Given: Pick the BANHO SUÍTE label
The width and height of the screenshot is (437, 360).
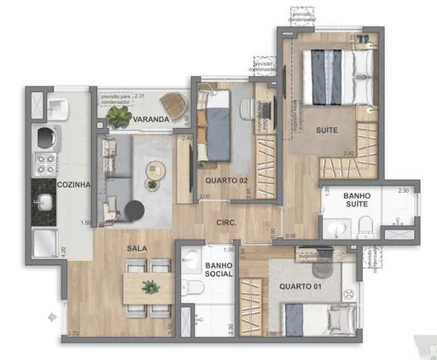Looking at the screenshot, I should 357,200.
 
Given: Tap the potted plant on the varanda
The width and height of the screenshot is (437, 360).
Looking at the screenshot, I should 118,118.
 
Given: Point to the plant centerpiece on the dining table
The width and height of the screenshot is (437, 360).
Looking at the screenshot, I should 150,286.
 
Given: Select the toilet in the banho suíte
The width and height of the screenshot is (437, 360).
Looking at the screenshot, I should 364,225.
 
